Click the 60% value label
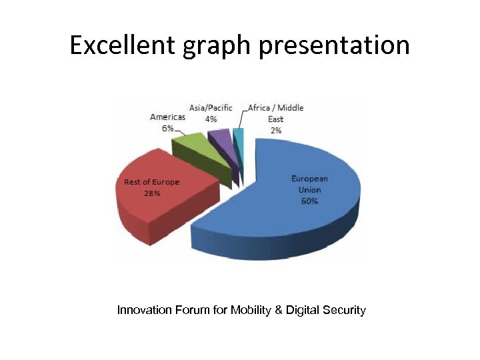309,201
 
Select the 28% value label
152,193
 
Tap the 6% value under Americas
167,128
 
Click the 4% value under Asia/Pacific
211,119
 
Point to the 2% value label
275,130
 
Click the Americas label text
167,117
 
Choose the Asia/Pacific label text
211,108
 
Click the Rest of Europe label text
152,182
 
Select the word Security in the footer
344,310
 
